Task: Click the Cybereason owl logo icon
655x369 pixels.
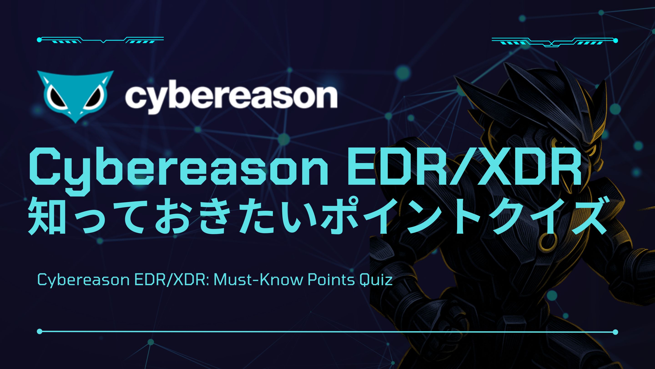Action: click(75, 97)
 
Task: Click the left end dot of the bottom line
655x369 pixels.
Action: click(39, 331)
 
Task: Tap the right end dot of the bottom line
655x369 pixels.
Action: click(615, 332)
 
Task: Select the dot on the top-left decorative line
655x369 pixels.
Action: click(39, 40)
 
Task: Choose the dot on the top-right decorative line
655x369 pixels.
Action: click(615, 41)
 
